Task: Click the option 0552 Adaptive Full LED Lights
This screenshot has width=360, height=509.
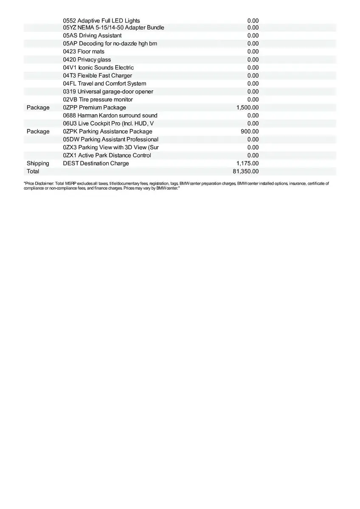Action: [101, 21]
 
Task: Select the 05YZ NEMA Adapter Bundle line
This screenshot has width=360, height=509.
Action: [113, 28]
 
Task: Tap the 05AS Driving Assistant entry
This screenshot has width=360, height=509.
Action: [92, 36]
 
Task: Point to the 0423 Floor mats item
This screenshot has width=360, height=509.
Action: [84, 52]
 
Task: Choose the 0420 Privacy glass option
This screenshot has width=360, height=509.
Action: [87, 60]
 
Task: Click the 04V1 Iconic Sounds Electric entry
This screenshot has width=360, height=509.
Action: [98, 68]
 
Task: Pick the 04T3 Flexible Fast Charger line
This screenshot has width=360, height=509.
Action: [98, 76]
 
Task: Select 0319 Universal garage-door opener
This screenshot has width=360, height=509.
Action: [108, 92]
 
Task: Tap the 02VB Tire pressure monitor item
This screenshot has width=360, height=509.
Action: [98, 100]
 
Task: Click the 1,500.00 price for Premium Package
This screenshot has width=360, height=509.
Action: [247, 108]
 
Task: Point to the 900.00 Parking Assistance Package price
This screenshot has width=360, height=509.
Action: [250, 131]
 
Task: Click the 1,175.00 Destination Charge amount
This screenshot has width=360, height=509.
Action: [247, 163]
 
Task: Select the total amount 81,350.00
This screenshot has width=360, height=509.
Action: [246, 171]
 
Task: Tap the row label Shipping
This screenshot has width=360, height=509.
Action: [38, 163]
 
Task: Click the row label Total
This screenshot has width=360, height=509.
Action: [33, 171]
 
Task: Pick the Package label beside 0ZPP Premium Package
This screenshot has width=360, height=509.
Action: [38, 108]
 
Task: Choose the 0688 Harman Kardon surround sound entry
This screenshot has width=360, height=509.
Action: [110, 115]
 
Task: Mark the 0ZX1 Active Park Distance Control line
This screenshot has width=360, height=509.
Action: [107, 155]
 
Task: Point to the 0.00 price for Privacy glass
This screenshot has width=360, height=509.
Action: [253, 60]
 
